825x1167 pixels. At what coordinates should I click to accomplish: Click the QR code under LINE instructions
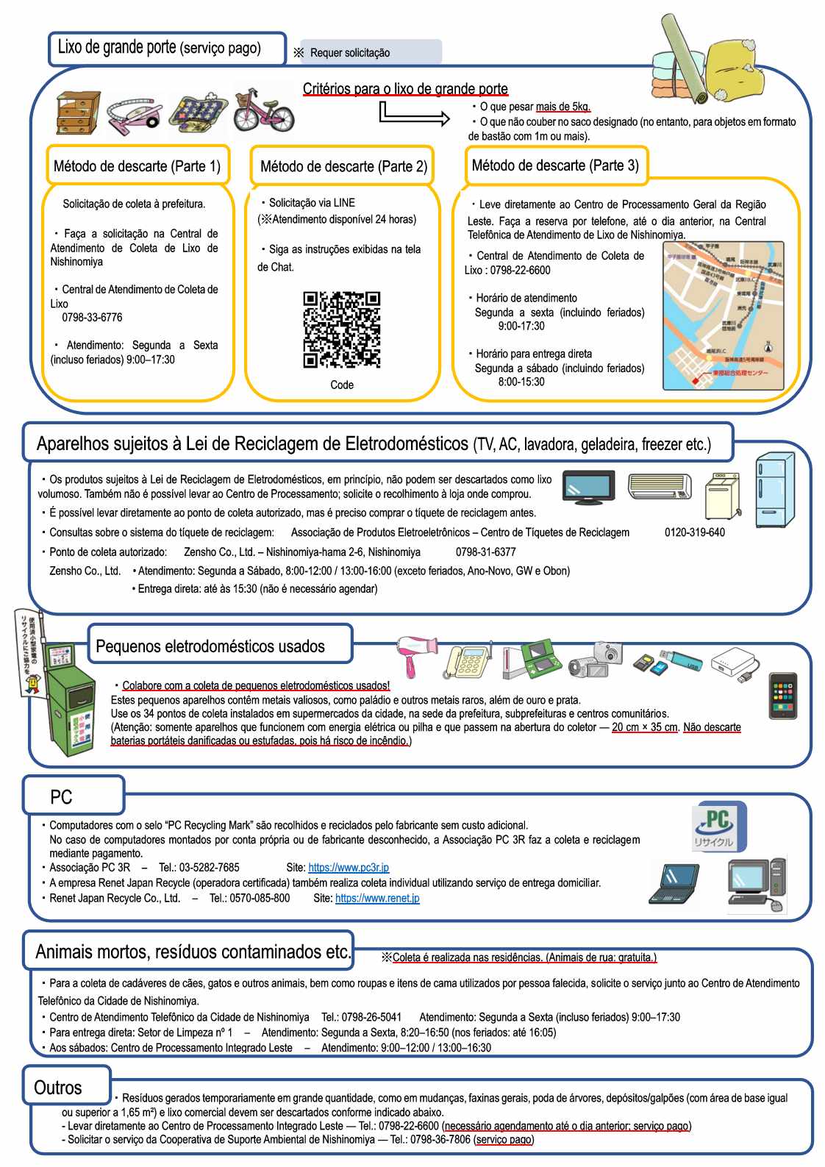(x=341, y=329)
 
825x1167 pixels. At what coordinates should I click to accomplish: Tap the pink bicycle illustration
(x=263, y=111)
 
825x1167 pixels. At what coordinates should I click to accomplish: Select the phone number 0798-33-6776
(x=92, y=318)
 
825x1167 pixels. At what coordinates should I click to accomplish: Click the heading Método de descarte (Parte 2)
(x=343, y=166)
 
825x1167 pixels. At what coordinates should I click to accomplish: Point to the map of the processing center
(x=723, y=315)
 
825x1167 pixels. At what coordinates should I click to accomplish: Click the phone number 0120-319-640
(x=694, y=532)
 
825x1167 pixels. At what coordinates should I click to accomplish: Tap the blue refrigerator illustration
(x=775, y=489)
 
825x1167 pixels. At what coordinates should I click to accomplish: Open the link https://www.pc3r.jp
(x=349, y=868)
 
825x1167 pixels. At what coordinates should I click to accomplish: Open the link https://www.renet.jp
(x=377, y=898)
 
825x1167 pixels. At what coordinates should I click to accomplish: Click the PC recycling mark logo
(x=718, y=827)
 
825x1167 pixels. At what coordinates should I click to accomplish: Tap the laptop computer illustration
(x=674, y=884)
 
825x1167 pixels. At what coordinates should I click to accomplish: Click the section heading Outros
(x=58, y=1088)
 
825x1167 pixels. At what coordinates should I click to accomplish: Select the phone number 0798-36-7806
(x=440, y=1140)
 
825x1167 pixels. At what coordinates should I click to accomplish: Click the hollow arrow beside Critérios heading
(x=414, y=115)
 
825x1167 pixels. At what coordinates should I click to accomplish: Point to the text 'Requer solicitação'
(x=350, y=53)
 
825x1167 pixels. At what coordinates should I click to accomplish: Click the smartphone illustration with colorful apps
(x=782, y=695)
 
